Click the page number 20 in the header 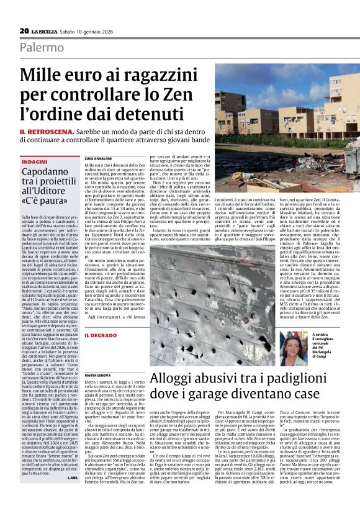24,30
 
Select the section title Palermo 41,47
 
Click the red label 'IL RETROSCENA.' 45,133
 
